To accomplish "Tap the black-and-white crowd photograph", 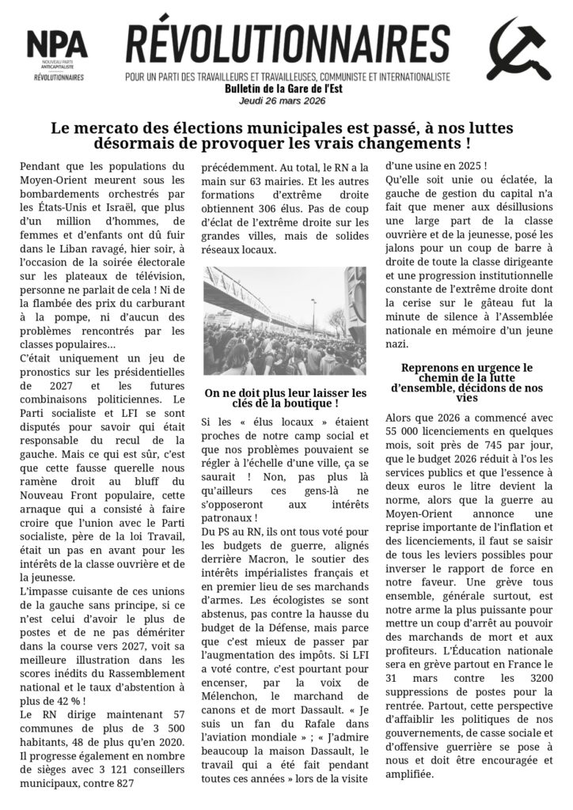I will click(x=285, y=320).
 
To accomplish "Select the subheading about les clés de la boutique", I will click(x=285, y=398).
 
